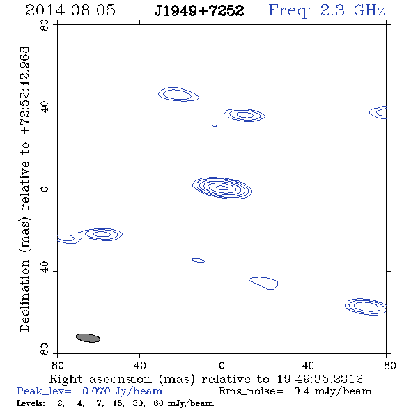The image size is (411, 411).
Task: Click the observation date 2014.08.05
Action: coord(70,10)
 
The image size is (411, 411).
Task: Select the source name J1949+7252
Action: coord(199,10)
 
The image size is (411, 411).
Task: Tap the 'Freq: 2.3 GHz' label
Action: coord(327,10)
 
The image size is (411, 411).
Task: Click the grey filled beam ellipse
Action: coord(88,338)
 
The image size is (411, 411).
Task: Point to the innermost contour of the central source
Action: coord(222,187)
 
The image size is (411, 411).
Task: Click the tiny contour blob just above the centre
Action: coord(215,126)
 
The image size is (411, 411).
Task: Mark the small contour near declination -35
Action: coord(198,261)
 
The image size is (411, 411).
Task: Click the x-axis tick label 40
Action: coord(139,365)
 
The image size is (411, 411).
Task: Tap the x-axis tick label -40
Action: coord(304,365)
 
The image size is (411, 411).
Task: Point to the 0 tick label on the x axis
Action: coord(222,365)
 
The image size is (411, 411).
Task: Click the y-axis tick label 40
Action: coord(45,107)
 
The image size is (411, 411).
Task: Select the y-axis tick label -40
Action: coord(45,271)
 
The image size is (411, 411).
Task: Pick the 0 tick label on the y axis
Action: coord(45,189)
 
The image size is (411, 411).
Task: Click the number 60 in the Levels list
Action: coord(158,403)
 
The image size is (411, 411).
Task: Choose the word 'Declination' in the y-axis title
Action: coord(24,296)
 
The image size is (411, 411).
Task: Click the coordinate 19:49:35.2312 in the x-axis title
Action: coord(320,379)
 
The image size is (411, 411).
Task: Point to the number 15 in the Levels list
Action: coord(118,403)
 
